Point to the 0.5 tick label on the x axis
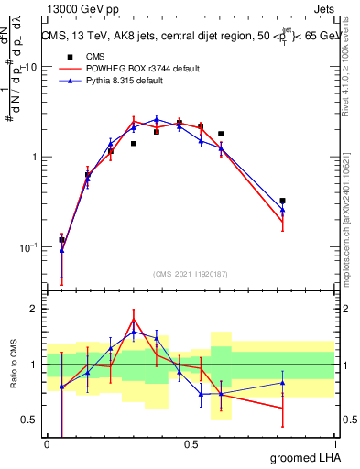click(191, 444)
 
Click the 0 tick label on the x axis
click(48, 444)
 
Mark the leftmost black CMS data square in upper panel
click(61, 240)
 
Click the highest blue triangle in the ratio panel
click(134, 333)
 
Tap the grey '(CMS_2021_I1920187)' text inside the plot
click(190, 273)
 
